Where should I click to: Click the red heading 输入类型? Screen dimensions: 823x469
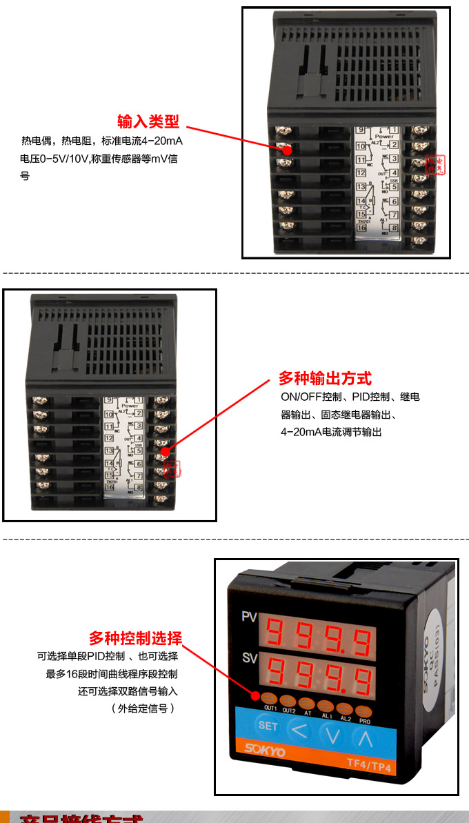point(148,122)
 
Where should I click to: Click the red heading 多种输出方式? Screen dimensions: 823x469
point(324,378)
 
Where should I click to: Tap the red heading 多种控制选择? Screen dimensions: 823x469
point(135,637)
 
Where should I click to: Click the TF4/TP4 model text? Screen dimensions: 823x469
point(369,764)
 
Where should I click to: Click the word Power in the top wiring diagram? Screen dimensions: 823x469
point(384,137)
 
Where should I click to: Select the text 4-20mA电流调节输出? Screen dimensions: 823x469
point(331,432)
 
